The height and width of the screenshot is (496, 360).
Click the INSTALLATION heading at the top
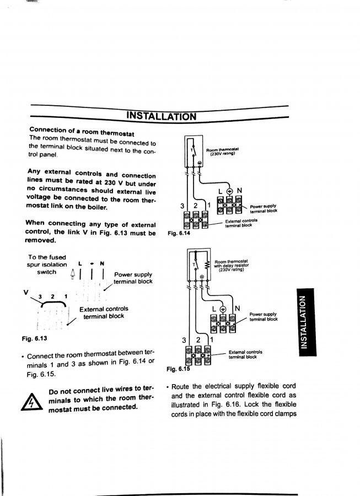[160, 116]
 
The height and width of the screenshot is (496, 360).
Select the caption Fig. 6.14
[178, 233]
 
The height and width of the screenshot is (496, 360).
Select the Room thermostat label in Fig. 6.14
[223, 152]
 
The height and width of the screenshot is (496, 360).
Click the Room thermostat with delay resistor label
[232, 265]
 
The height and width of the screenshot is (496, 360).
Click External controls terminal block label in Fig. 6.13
[104, 312]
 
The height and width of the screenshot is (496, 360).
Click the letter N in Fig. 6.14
[239, 191]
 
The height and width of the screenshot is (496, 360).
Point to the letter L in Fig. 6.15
[215, 308]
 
